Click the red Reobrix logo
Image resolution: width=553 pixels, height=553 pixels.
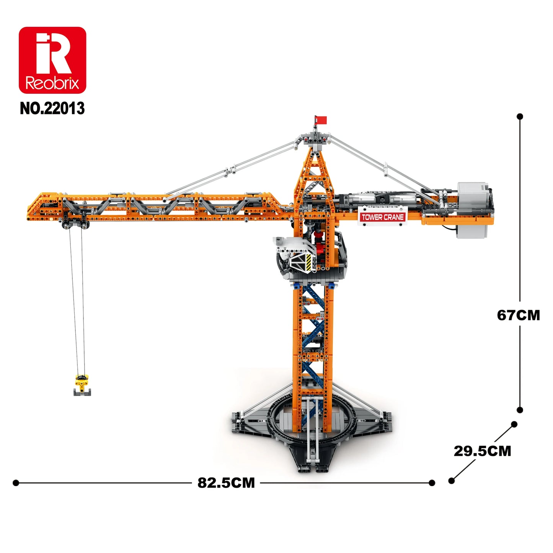click(52, 60)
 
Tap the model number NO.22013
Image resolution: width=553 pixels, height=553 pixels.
click(52, 108)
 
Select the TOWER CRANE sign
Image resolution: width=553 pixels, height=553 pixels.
click(382, 217)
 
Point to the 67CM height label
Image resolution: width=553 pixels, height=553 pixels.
click(518, 315)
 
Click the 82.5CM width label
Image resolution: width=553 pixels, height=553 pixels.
click(226, 483)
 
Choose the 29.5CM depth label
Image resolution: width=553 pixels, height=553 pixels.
click(482, 451)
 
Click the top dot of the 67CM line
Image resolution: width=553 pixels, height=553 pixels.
click(520, 116)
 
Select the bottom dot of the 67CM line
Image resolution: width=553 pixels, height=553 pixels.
click(520, 410)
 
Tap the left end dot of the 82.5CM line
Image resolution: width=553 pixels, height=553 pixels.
click(16, 483)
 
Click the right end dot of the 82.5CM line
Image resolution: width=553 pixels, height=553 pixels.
click(432, 483)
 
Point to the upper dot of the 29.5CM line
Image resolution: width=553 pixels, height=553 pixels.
click(514, 424)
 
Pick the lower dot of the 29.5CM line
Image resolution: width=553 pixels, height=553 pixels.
click(452, 481)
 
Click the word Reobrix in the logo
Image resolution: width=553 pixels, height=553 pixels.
click(52, 83)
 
